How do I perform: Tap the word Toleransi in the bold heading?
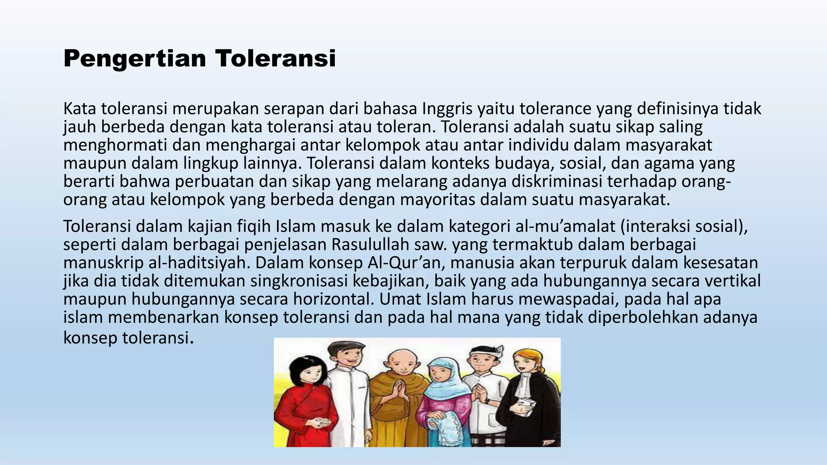(275, 58)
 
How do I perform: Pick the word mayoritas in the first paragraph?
(437, 200)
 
